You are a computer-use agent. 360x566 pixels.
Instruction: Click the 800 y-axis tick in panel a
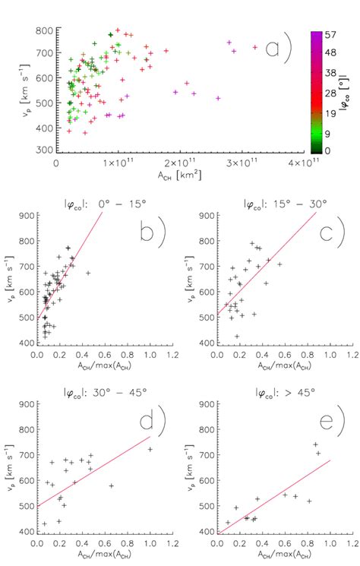[x=43, y=30]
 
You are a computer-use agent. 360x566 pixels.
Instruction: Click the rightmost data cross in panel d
[x=150, y=449]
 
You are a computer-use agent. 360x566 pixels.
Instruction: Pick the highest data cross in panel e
[x=315, y=444]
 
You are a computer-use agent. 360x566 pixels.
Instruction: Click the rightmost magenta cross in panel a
[x=255, y=47]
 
